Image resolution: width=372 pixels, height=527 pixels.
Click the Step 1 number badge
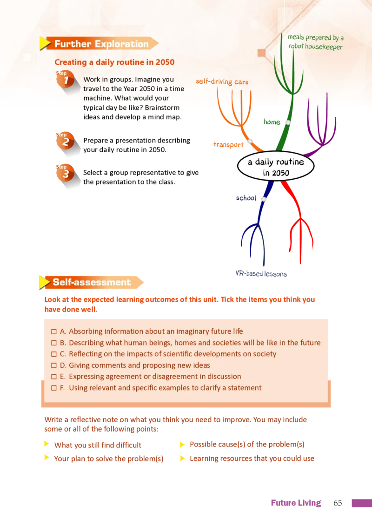(65, 80)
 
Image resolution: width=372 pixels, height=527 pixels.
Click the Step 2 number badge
(65, 141)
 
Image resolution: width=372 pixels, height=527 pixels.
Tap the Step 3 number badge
(65, 173)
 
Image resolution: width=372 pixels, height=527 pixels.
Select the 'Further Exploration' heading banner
(101, 44)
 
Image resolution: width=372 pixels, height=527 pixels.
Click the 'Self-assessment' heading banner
(92, 282)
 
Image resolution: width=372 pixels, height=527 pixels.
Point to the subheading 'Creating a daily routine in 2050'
(114, 62)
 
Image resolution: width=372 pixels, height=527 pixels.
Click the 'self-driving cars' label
(222, 82)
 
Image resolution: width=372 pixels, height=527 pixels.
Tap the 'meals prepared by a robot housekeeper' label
(315, 42)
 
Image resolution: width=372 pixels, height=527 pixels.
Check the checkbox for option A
(54, 332)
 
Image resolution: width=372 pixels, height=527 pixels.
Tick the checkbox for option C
(54, 354)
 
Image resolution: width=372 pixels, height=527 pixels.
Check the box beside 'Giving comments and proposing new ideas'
(54, 365)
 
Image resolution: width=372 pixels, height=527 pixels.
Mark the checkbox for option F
(54, 388)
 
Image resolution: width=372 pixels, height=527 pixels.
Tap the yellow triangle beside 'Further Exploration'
(45, 44)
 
